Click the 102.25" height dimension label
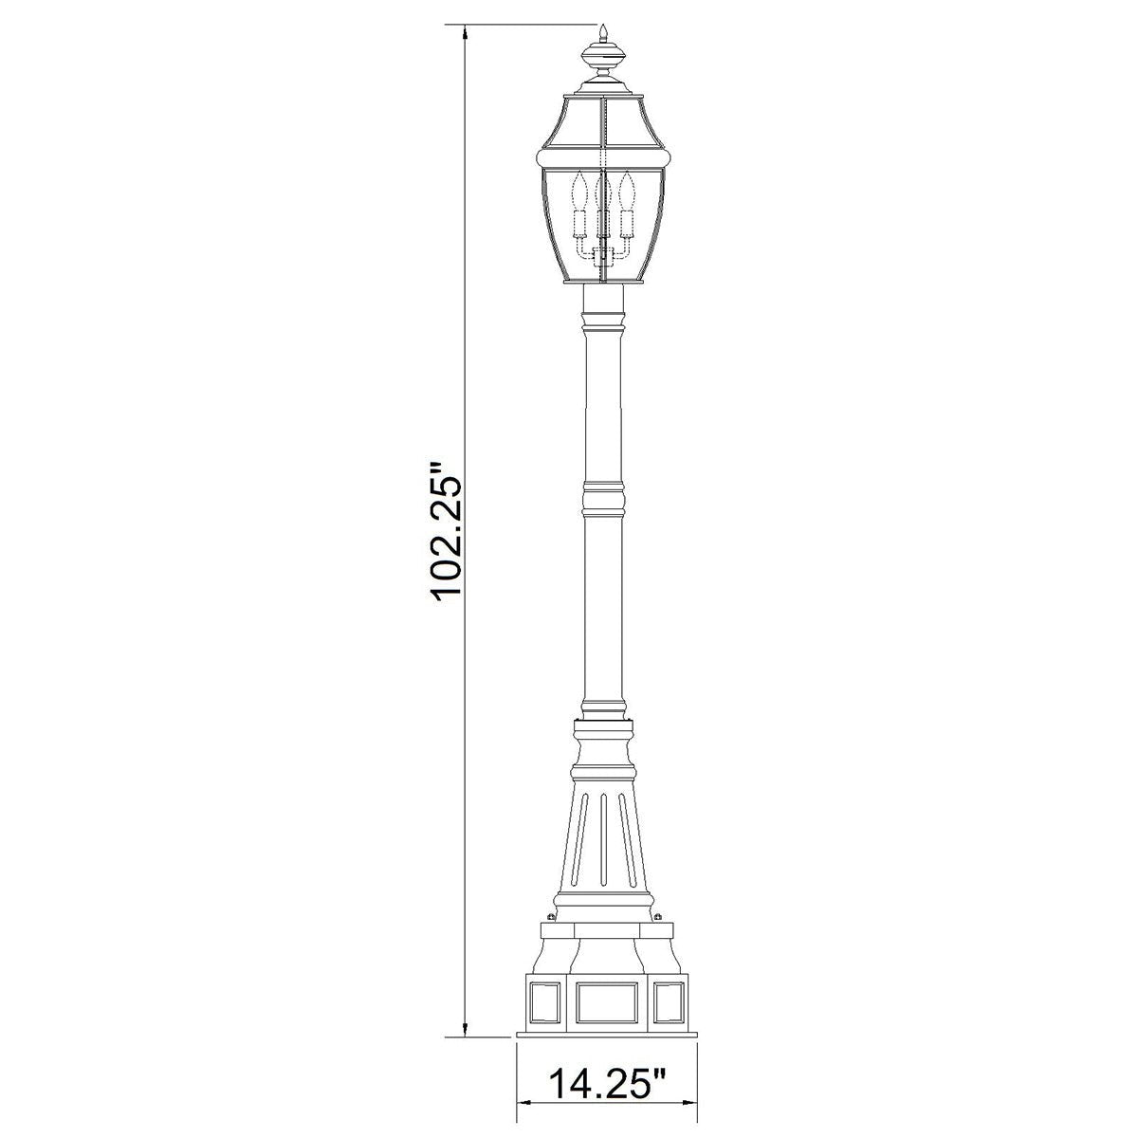pyautogui.click(x=445, y=530)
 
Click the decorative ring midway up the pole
pyautogui.click(x=604, y=498)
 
